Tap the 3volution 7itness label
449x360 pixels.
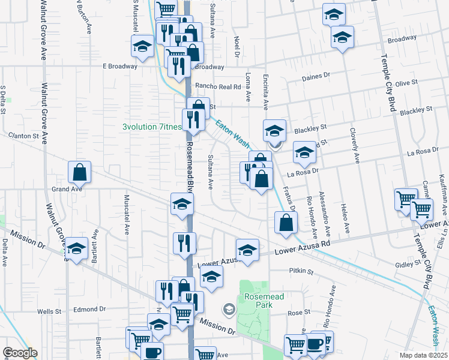point(151,127)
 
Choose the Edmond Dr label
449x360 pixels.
point(89,310)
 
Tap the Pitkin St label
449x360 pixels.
point(302,271)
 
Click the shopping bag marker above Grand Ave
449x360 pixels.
point(79,172)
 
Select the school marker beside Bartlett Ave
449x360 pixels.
point(76,248)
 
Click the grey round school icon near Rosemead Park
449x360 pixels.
point(228,310)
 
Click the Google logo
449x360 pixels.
point(20,353)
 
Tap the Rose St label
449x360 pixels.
point(298,312)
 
